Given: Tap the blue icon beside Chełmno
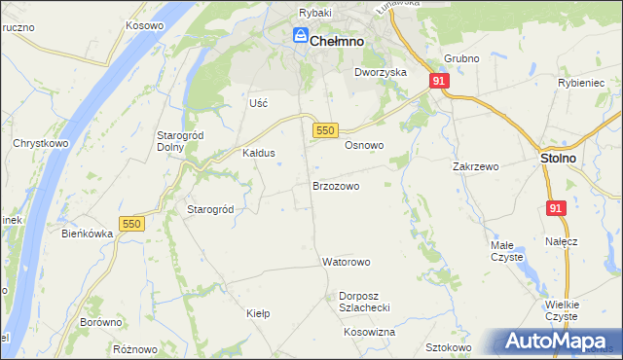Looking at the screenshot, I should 301,38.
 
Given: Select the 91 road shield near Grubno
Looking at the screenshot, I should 439,82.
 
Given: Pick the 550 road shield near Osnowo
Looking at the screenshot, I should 326,129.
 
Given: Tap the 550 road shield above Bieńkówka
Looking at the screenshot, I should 131,224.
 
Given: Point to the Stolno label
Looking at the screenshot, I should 558,158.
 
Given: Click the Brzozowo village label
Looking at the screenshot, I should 336,185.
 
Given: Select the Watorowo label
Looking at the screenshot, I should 347,263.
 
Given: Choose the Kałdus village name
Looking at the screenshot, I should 259,153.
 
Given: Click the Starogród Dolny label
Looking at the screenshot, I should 177,140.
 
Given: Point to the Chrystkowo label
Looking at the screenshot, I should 39,142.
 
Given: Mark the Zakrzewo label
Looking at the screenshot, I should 475,166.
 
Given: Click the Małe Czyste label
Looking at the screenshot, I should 506,251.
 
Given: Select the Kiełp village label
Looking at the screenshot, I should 258,314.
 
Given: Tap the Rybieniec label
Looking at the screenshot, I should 581,84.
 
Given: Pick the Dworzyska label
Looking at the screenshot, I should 380,72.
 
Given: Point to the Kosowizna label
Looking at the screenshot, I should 369,332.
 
